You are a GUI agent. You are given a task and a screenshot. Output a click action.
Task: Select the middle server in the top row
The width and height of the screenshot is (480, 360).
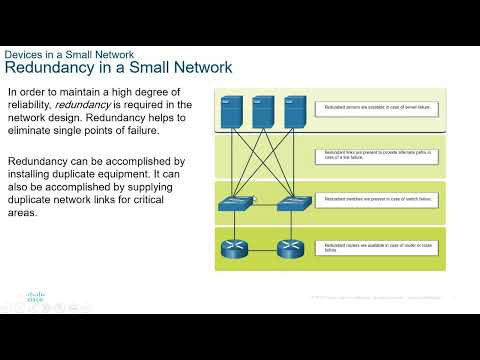(x=264, y=110)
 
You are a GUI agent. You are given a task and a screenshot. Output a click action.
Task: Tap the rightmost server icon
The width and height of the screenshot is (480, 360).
(x=293, y=110)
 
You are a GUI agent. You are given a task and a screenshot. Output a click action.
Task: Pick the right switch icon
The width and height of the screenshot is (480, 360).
(x=290, y=204)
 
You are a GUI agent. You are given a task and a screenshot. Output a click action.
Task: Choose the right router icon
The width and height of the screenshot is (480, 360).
(x=290, y=246)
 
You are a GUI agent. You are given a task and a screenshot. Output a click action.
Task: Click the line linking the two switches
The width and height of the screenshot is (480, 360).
(x=263, y=203)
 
